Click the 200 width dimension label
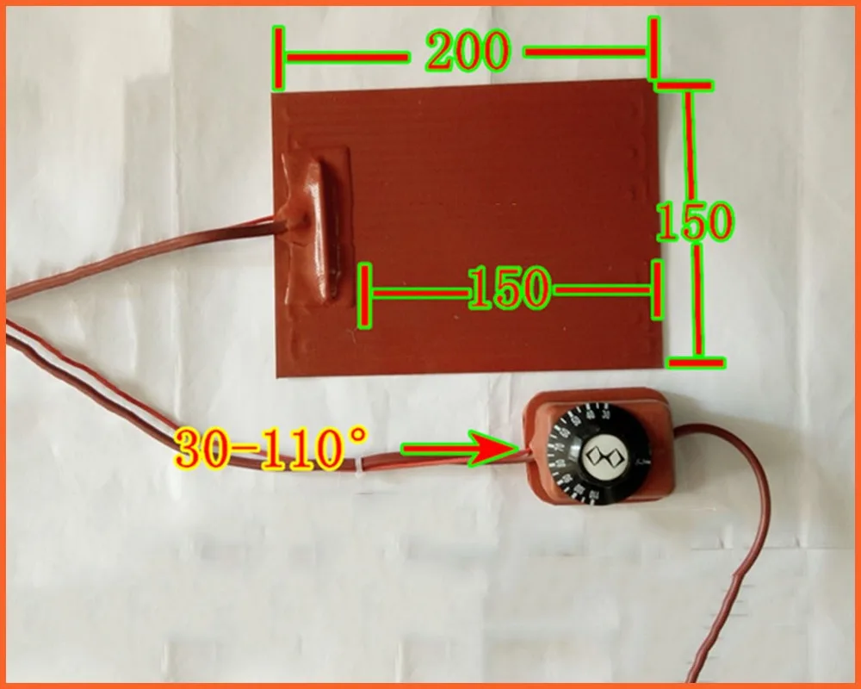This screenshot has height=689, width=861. (x=467, y=53)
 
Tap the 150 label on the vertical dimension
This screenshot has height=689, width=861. (x=693, y=222)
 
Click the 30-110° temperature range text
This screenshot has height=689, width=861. (x=271, y=448)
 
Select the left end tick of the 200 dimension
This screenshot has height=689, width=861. (x=278, y=57)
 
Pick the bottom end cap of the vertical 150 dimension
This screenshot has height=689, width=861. (x=697, y=360)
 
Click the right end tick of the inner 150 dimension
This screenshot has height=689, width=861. (x=659, y=289)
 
